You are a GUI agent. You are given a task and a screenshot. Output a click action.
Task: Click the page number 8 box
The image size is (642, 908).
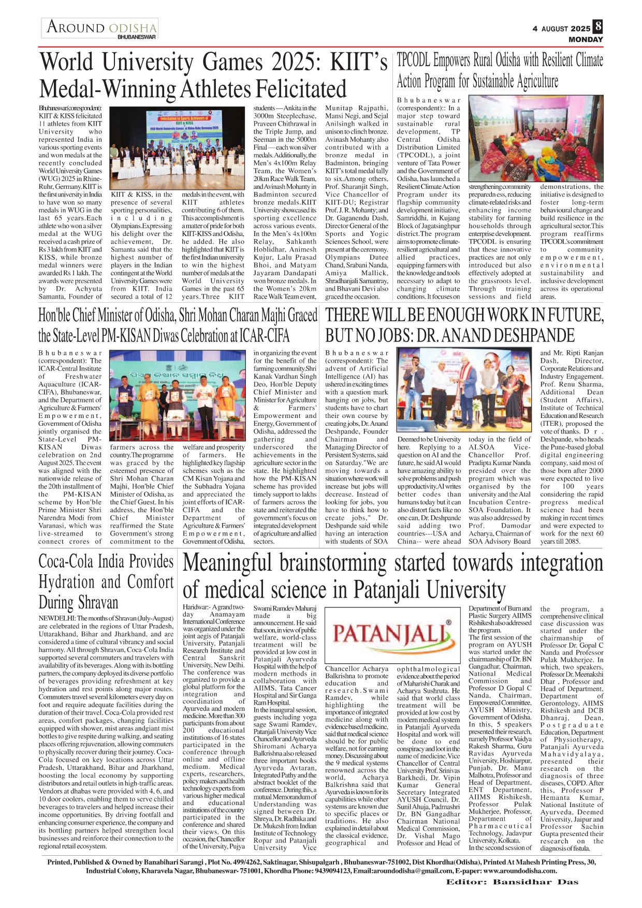tap(597, 27)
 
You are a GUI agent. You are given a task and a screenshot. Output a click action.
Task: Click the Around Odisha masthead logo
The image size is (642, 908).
tap(100, 28)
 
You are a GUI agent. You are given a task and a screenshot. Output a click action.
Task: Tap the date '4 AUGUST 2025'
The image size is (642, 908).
tap(561, 29)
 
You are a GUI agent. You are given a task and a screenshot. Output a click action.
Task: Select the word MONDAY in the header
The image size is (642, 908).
tap(586, 39)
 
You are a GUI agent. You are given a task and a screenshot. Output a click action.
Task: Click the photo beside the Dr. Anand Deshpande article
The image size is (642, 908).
tap(464, 391)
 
